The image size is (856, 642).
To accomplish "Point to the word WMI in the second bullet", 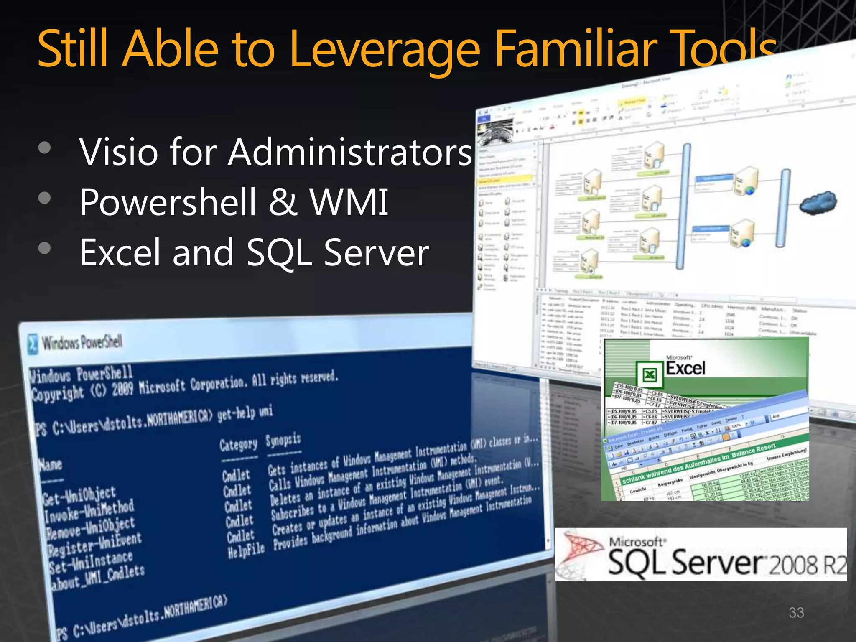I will pyautogui.click(x=349, y=202).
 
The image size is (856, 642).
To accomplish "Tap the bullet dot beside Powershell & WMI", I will pyautogui.click(x=44, y=198).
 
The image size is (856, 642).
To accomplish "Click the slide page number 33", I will pyautogui.click(x=796, y=613).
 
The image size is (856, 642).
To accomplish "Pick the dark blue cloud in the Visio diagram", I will pyautogui.click(x=818, y=202).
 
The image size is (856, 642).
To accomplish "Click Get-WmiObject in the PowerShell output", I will pyautogui.click(x=79, y=496).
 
